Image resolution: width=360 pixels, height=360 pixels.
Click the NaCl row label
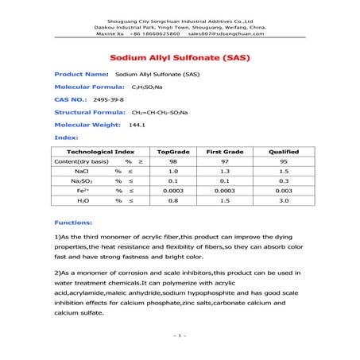pos(82,171)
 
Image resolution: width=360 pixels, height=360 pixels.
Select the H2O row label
pos(82,201)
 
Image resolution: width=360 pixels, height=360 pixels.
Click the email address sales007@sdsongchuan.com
pos(226,34)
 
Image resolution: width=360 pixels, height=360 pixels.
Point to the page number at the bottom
pos(180,335)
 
